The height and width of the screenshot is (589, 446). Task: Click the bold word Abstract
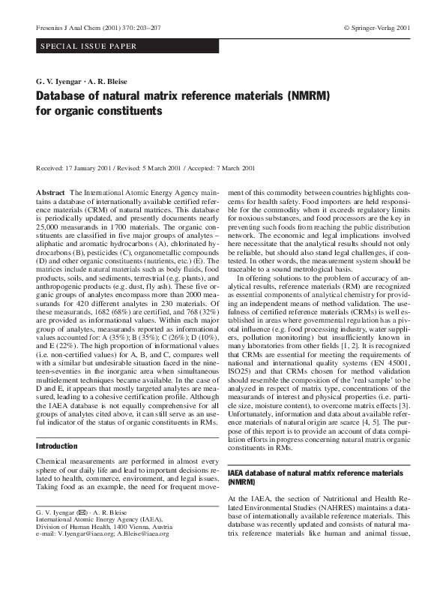[x=50, y=194]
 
